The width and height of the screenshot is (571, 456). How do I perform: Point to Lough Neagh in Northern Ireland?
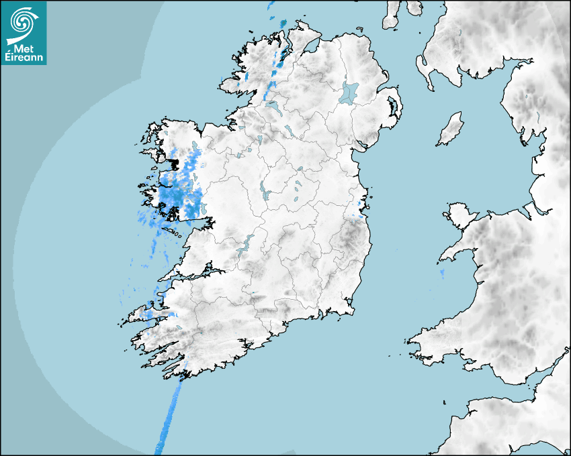tap(349, 92)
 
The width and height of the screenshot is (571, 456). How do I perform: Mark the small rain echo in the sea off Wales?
tap(442, 273)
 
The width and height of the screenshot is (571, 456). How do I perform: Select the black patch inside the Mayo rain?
tap(175, 163)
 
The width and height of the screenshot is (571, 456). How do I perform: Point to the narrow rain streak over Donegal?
tap(275, 74)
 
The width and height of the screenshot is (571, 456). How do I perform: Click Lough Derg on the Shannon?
tap(243, 246)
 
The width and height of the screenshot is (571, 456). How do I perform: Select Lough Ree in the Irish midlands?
tap(263, 193)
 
